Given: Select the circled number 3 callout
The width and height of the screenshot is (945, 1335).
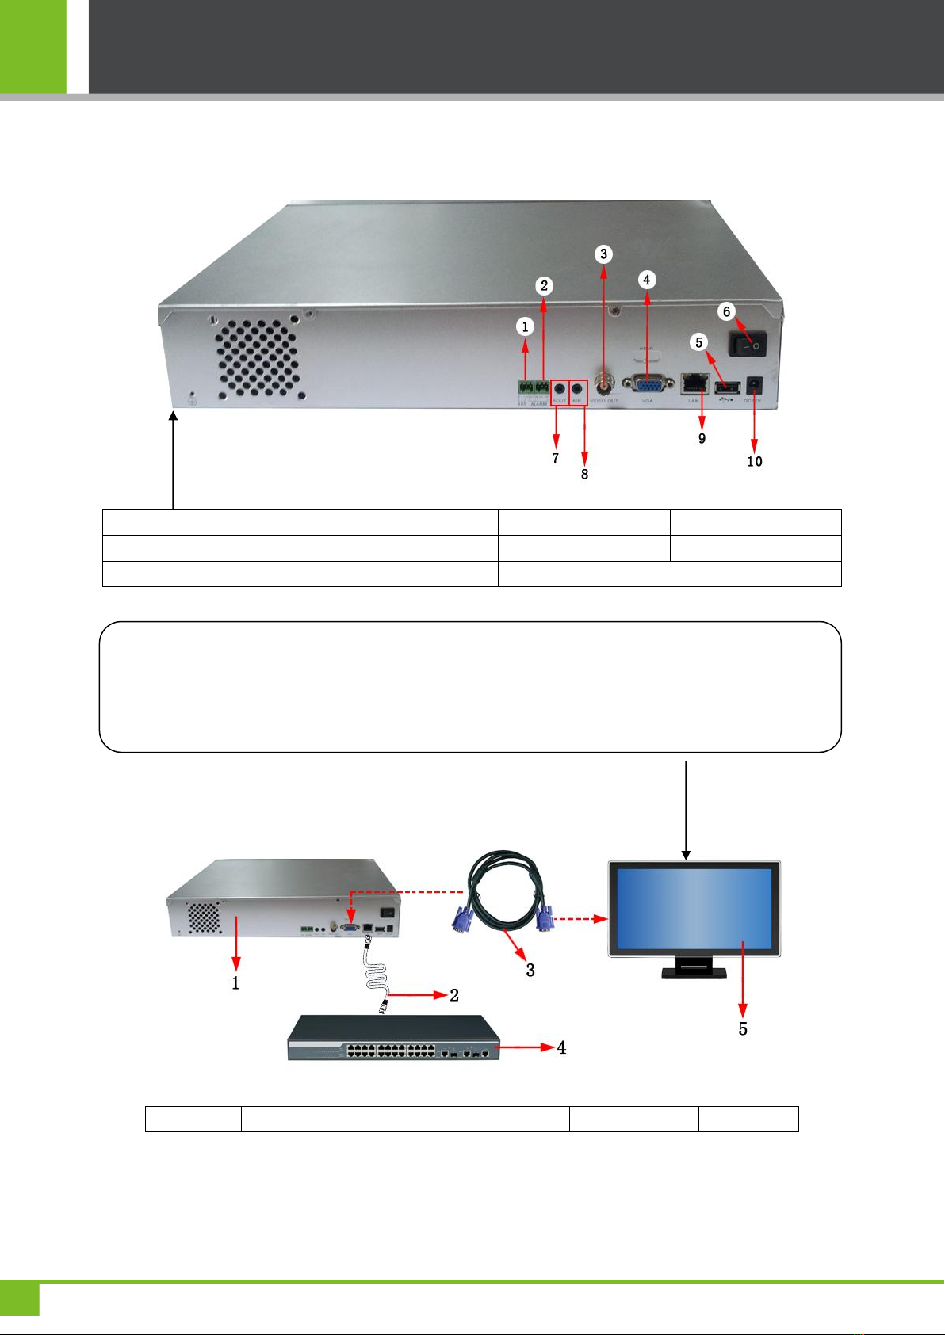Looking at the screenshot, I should click(x=604, y=254).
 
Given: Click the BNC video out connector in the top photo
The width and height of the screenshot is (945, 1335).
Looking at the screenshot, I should click(x=604, y=385).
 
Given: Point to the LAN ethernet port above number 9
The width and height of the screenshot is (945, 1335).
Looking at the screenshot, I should click(x=694, y=384).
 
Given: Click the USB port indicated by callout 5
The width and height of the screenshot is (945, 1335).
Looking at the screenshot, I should click(x=726, y=387).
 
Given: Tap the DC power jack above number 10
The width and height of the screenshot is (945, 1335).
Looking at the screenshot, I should click(x=754, y=386).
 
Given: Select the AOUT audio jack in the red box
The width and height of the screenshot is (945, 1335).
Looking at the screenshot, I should click(x=560, y=389).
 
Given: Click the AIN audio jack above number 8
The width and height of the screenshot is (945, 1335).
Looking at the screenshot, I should click(x=577, y=389).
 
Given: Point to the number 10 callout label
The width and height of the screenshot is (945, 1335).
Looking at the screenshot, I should click(x=755, y=461).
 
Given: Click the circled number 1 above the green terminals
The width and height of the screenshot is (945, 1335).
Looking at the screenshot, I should click(x=525, y=326).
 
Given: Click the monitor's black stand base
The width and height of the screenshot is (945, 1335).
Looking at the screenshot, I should click(x=694, y=971).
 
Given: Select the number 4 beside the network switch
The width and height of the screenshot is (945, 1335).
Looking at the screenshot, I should click(x=561, y=1047).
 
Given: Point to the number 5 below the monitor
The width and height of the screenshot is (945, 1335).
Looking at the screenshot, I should click(x=743, y=1029).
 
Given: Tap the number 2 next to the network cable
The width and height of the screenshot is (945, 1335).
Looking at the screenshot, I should click(x=454, y=995).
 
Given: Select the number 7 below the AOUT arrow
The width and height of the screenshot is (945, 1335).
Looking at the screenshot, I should click(x=556, y=458).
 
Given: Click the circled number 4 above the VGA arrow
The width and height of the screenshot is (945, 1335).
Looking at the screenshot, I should click(x=647, y=280).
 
